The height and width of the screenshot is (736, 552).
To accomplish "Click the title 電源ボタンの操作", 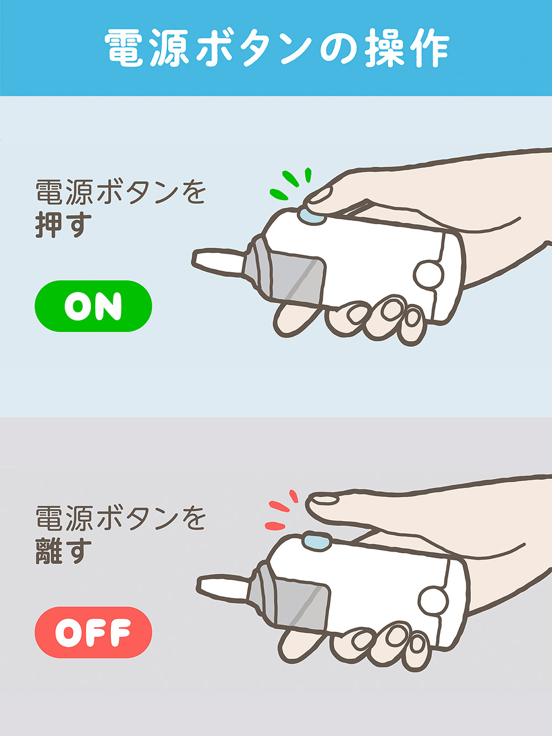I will tap(276, 48).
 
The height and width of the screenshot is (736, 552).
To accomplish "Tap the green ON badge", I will tap(93, 306).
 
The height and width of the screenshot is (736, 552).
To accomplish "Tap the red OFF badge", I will tap(93, 632).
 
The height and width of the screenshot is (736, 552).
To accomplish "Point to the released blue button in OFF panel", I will tap(316, 541).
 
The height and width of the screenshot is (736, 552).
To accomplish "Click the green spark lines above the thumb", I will tap(290, 184).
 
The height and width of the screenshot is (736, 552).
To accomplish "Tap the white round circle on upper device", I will tap(429, 274).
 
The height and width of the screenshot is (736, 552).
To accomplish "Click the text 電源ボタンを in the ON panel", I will tap(120, 192).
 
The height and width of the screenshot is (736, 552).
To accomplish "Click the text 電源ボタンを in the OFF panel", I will tap(120, 518).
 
